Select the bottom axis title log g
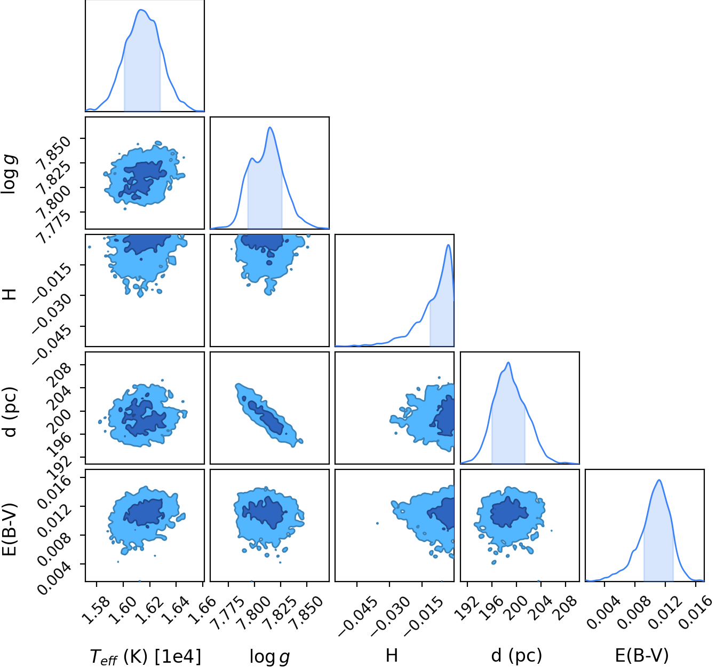269,656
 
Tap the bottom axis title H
392,655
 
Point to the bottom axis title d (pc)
516,655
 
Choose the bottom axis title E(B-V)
642,655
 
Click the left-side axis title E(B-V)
10,529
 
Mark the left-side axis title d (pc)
10,411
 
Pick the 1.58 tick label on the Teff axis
96,610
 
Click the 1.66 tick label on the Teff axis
202,610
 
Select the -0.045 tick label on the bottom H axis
357,616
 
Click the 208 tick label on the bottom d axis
567,609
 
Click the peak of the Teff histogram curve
141,10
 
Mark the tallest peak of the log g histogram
269,127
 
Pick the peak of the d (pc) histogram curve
508,363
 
